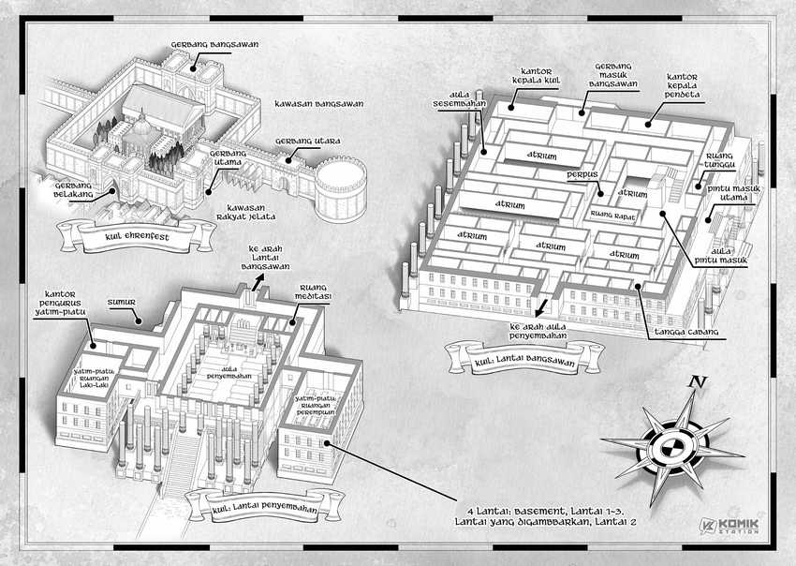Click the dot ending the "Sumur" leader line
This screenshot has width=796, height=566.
[137, 321]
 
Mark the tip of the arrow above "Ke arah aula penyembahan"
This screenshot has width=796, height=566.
[538, 316]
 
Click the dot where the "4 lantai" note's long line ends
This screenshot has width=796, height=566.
[328, 443]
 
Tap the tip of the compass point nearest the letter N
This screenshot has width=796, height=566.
[692, 391]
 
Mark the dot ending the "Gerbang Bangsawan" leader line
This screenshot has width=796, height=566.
[194, 69]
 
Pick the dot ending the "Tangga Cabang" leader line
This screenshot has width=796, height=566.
[637, 287]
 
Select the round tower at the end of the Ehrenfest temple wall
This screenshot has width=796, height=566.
[341, 189]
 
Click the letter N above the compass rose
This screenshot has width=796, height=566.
[698, 381]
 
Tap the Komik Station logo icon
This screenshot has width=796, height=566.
[707, 526]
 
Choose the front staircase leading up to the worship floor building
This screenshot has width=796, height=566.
[182, 463]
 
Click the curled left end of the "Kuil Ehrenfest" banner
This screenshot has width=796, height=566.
[67, 236]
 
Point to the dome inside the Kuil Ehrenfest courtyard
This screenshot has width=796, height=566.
[142, 125]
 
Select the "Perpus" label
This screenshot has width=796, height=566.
[582, 175]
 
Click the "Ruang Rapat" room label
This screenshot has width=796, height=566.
[612, 216]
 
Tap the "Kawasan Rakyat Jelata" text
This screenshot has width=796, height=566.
[245, 213]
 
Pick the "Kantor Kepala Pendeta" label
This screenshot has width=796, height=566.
[683, 85]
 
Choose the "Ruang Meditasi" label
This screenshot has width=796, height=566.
[313, 291]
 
